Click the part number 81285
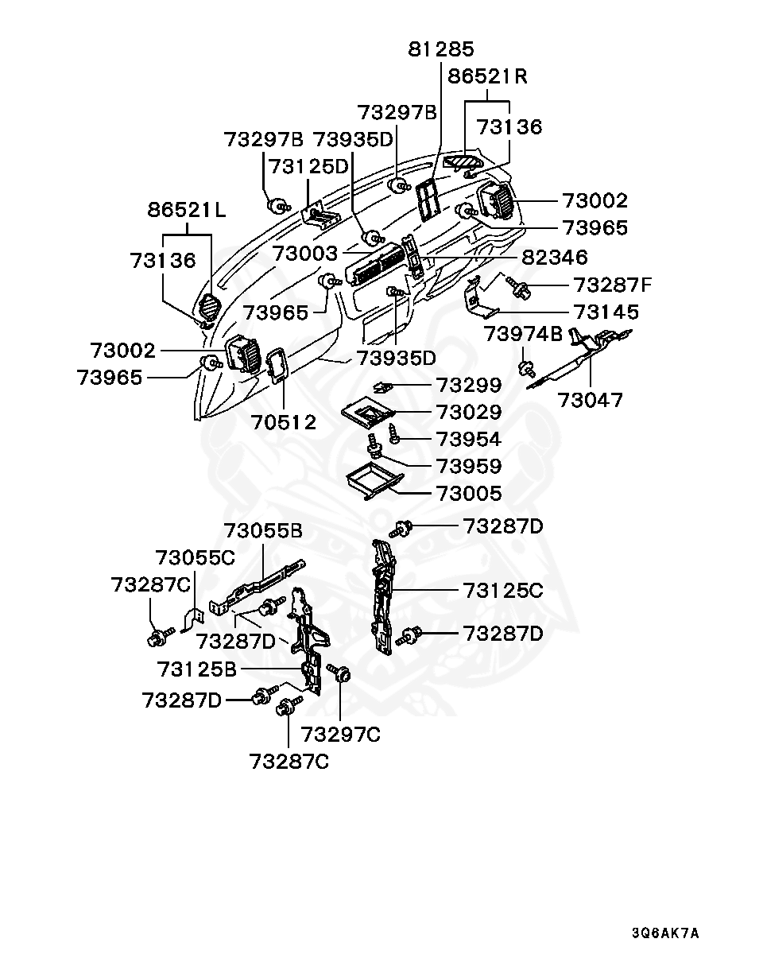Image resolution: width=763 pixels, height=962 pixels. (441, 49)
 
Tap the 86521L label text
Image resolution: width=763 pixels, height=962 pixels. (187, 211)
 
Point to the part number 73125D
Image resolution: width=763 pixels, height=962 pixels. (308, 166)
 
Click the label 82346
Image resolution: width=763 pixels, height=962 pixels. (555, 257)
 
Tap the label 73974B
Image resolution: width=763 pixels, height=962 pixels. (524, 335)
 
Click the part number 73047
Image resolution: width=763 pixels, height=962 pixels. (591, 399)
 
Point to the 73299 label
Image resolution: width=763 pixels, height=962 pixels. (468, 386)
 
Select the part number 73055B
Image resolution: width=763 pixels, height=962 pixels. (263, 530)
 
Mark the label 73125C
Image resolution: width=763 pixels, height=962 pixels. (503, 591)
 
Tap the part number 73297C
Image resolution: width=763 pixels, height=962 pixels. (341, 734)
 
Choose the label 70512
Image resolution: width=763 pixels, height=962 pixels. (284, 421)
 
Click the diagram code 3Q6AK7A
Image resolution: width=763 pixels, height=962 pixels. (665, 933)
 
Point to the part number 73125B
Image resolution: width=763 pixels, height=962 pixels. (197, 669)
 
